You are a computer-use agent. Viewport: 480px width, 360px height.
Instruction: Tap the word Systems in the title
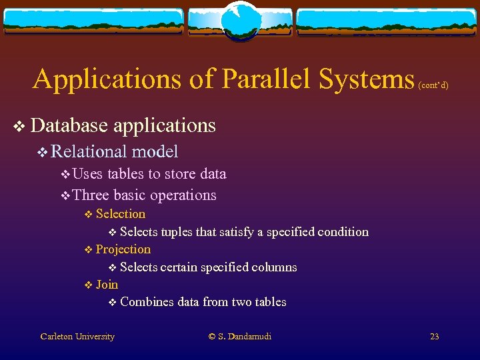[x=366, y=79]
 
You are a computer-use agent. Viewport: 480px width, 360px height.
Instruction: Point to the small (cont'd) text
[x=433, y=85]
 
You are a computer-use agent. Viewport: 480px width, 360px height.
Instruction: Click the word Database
[x=69, y=125]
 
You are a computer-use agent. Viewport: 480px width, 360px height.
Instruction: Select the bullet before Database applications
[x=19, y=126]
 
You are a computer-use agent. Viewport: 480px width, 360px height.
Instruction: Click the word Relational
[x=89, y=152]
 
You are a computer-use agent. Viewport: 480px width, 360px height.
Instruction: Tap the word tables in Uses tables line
[x=125, y=174]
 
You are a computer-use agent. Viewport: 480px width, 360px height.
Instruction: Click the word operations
[x=185, y=195]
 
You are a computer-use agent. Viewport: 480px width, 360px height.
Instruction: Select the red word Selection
[x=120, y=214]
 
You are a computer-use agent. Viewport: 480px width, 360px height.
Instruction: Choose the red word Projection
[x=123, y=249]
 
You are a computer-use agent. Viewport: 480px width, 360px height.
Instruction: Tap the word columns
[x=274, y=267]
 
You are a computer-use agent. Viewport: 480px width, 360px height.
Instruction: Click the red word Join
[x=107, y=285]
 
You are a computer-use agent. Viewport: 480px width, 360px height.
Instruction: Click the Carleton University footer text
[x=77, y=337]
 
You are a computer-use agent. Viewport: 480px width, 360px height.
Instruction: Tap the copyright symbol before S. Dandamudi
[x=213, y=337]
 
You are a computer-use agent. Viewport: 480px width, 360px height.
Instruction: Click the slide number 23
[x=434, y=337]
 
